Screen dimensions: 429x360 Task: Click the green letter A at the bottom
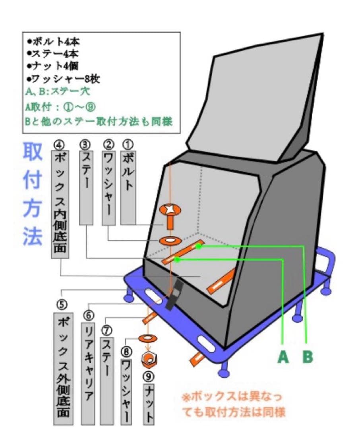point(283,357)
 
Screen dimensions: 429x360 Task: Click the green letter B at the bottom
point(307,357)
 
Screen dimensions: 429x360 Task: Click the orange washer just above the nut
point(148,338)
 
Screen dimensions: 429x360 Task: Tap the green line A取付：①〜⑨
point(60,106)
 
